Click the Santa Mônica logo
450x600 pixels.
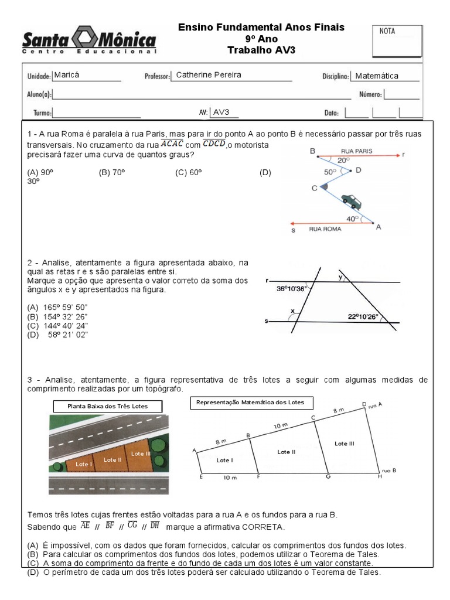click(x=89, y=41)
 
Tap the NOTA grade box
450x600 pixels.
click(x=397, y=40)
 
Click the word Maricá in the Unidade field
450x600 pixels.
click(x=66, y=75)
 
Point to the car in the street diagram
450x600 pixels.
click(x=352, y=201)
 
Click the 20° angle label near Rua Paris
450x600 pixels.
click(x=343, y=159)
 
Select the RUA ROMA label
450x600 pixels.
click(x=325, y=230)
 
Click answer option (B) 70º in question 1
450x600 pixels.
click(x=112, y=172)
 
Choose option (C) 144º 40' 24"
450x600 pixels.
click(x=57, y=326)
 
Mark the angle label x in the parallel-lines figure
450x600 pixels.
click(x=292, y=311)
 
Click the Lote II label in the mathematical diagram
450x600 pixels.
click(x=285, y=452)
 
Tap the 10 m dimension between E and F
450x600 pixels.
click(x=230, y=478)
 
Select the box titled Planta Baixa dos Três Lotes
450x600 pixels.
click(x=107, y=406)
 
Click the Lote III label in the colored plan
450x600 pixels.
click(x=141, y=454)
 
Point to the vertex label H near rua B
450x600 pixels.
click(x=379, y=477)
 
